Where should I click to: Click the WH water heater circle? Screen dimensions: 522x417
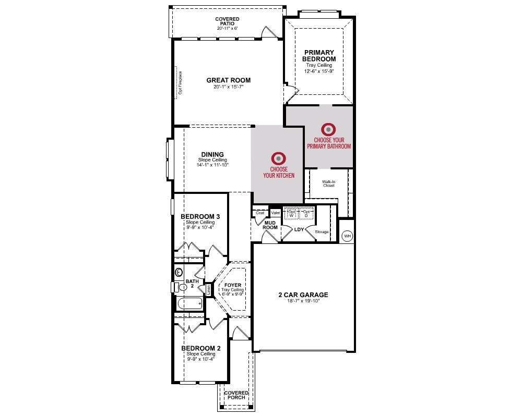click(348, 236)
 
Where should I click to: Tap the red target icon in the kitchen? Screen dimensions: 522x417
click(279, 158)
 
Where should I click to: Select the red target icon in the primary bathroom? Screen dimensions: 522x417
click(328, 129)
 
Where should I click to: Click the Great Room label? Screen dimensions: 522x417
click(229, 80)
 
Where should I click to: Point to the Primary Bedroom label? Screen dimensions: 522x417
click(319, 56)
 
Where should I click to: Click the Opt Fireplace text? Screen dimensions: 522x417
click(180, 83)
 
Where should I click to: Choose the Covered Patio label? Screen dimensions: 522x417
click(228, 21)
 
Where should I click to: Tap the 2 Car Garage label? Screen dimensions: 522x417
click(303, 295)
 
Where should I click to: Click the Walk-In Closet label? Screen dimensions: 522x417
click(328, 183)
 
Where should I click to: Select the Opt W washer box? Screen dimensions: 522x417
click(292, 214)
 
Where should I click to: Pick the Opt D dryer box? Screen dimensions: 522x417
click(306, 214)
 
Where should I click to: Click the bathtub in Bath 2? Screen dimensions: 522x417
click(189, 303)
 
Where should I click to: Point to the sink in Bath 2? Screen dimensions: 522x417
click(179, 272)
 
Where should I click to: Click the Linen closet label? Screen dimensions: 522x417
click(209, 290)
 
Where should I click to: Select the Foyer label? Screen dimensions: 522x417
click(233, 285)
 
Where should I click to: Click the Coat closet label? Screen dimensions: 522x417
click(260, 213)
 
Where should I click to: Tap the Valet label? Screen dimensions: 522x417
click(276, 213)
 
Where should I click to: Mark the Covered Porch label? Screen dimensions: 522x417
click(236, 395)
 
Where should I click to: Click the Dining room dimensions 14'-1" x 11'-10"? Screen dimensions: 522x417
click(212, 165)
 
